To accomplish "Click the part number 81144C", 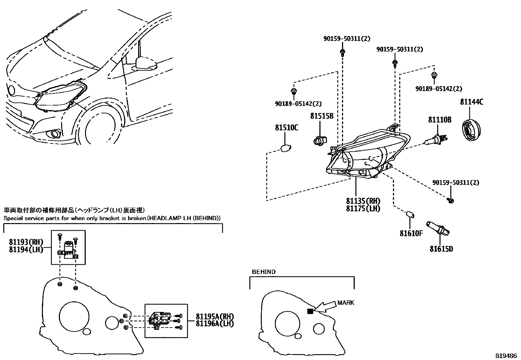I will [x=472, y=102].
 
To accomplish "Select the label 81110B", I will [x=440, y=120].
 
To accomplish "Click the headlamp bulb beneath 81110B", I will [x=434, y=141].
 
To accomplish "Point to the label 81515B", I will [x=322, y=116].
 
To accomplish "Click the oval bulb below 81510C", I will [x=286, y=148].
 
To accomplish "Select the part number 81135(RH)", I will [x=363, y=201].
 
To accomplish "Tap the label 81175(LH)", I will [x=363, y=208].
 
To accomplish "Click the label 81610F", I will [x=411, y=233].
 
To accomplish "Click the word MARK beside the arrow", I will [x=346, y=303].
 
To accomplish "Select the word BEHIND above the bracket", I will [x=263, y=272].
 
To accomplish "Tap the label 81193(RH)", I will [x=26, y=242].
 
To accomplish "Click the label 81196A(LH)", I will [x=215, y=324].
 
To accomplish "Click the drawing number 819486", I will [x=506, y=356].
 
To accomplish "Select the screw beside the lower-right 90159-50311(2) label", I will [x=451, y=200].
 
